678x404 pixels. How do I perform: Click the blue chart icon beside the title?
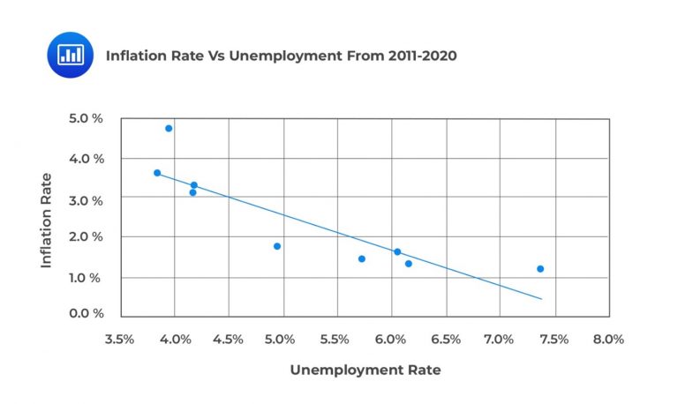[70, 55]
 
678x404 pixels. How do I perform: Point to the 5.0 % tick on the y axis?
[87, 117]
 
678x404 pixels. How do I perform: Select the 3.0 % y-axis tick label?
[87, 200]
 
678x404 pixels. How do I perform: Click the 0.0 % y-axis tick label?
[87, 313]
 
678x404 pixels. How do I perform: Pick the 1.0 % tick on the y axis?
[87, 278]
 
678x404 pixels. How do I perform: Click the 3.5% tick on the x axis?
[119, 339]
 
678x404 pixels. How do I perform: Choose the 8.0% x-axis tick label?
[607, 339]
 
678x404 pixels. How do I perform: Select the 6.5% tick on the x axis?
[445, 339]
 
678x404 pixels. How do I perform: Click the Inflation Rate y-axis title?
[47, 220]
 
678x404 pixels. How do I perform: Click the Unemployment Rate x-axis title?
[365, 370]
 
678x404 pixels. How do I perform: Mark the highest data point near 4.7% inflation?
[169, 128]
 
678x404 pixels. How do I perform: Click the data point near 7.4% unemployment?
[540, 269]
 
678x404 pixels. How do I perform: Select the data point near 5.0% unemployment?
[277, 246]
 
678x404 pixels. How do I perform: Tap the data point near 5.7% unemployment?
[362, 258]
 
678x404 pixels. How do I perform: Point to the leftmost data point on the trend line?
[157, 173]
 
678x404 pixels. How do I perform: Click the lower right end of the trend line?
[541, 299]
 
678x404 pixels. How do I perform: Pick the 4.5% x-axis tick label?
[228, 339]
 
